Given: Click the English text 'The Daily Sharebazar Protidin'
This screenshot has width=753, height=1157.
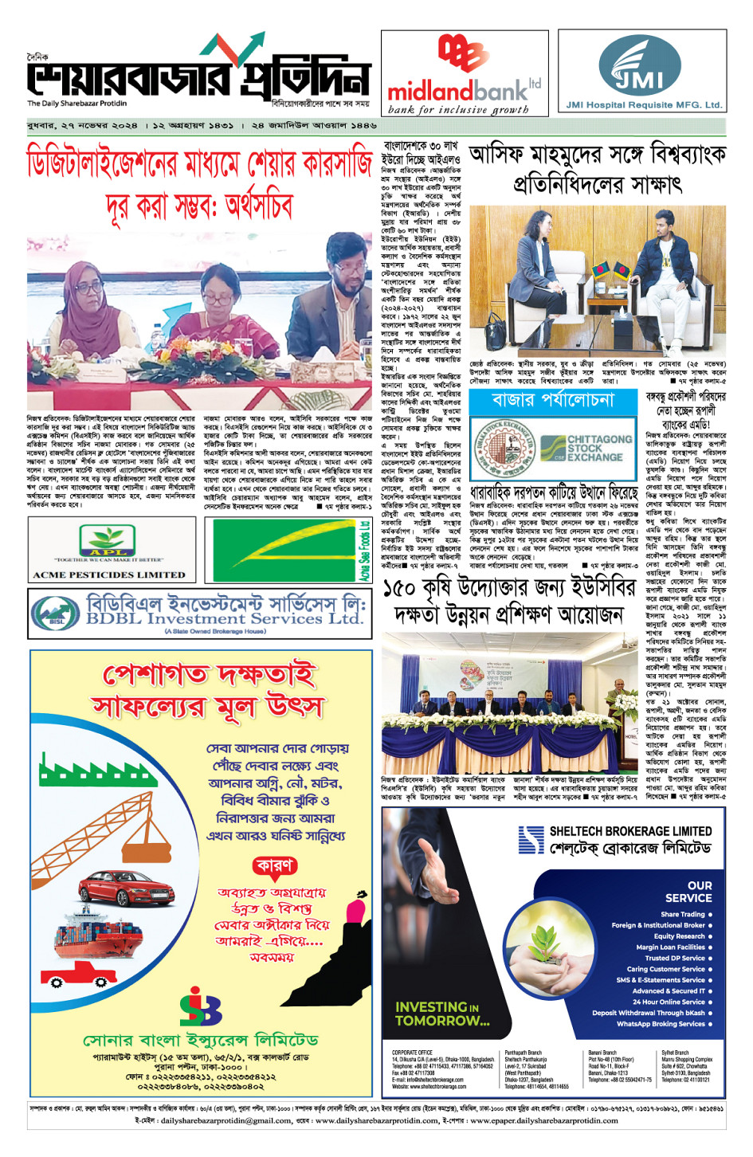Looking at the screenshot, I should (76, 104).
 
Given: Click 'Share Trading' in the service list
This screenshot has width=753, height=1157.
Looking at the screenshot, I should (683, 914).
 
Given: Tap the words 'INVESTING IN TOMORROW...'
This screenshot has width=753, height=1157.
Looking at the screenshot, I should (442, 1014).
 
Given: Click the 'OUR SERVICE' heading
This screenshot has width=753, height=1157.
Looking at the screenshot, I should (688, 891).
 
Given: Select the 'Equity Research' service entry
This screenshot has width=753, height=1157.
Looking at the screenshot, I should (679, 936).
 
